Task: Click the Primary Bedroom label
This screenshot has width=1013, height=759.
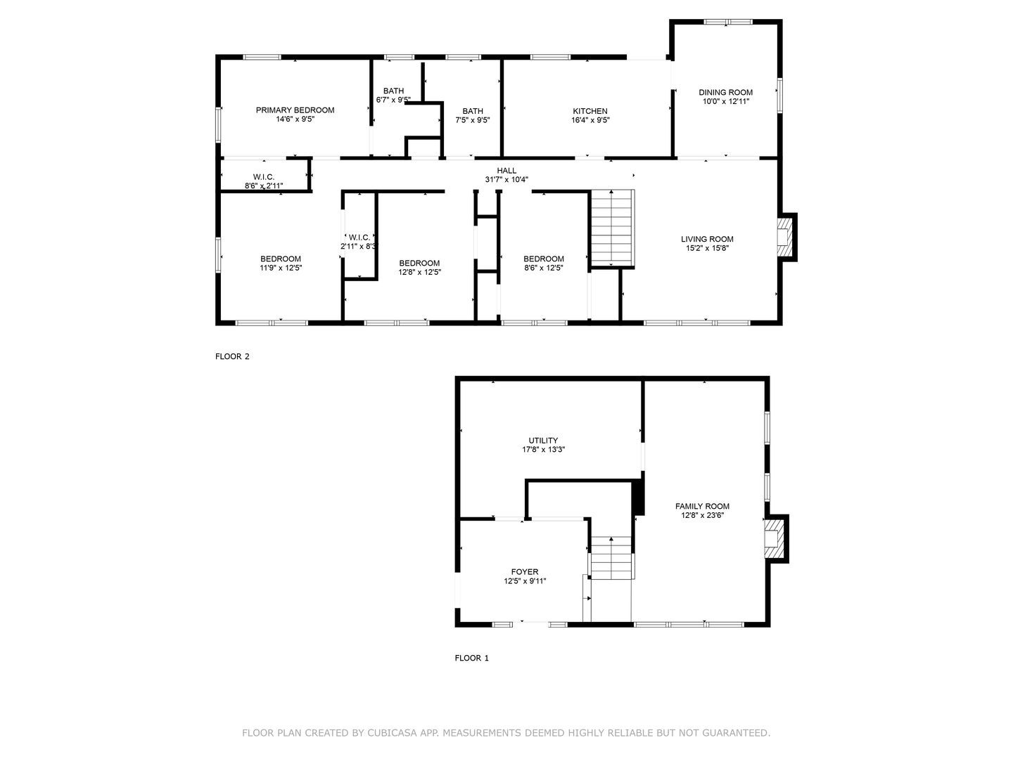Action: coord(295,110)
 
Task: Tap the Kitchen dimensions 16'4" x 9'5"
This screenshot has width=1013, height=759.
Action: coord(590,120)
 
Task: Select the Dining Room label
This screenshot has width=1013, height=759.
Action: coord(725,93)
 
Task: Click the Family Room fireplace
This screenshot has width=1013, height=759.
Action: coord(776,538)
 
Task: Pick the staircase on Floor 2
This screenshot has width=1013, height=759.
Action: coord(613,228)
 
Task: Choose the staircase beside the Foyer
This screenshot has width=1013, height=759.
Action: coord(611,557)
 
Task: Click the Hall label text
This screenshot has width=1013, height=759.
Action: coord(507,171)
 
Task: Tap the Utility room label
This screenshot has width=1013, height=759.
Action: coord(543,441)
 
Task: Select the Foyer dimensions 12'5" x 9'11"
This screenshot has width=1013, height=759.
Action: coord(525,581)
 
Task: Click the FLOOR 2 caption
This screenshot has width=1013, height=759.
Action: coord(232,356)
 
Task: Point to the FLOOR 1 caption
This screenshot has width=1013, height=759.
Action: coord(471,658)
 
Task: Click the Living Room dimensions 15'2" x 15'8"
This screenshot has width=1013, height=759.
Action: coord(707,248)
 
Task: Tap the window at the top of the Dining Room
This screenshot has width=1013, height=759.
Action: coord(728,22)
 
